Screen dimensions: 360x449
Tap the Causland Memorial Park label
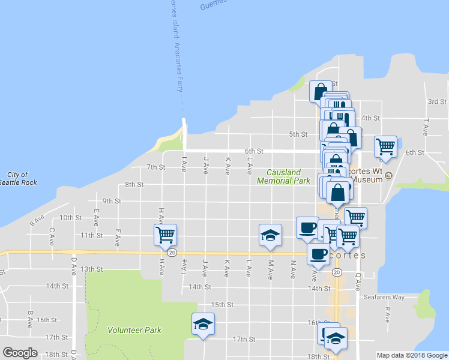(x=284, y=176)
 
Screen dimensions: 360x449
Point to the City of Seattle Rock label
(x=19, y=179)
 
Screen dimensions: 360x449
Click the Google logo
(x=20, y=353)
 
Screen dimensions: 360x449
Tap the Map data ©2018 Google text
(x=411, y=355)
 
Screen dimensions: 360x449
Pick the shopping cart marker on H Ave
(x=164, y=234)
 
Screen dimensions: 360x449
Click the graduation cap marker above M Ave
(x=270, y=235)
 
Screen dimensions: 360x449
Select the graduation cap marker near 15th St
(x=203, y=323)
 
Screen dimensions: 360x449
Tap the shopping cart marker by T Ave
(x=385, y=146)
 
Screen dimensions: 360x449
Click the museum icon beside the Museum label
(x=388, y=176)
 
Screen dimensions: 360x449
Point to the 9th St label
(x=112, y=201)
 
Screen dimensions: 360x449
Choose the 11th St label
(x=91, y=235)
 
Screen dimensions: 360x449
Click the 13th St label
(x=91, y=269)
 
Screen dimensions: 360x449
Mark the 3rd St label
(x=436, y=102)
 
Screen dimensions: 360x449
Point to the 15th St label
(x=221, y=305)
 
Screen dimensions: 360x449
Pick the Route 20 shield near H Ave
(x=172, y=253)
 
